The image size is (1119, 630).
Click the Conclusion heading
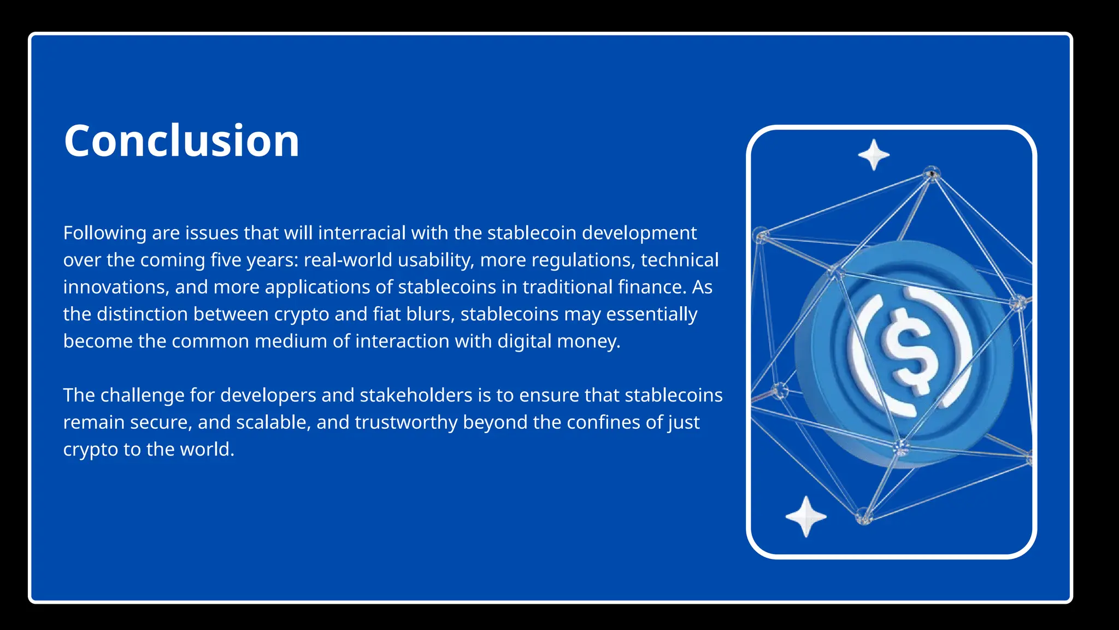pyautogui.click(x=181, y=141)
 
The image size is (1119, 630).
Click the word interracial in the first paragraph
pyautogui.click(x=362, y=233)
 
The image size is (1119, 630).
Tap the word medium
pyautogui.click(x=290, y=341)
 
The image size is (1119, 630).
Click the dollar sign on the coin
pyautogui.click(x=908, y=351)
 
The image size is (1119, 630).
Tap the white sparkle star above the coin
pyautogui.click(x=874, y=155)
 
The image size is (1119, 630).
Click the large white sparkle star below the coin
pyautogui.click(x=805, y=516)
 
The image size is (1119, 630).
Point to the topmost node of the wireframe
pyautogui.click(x=932, y=174)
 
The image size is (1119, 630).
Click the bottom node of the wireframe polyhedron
pyautogui.click(x=863, y=516)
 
